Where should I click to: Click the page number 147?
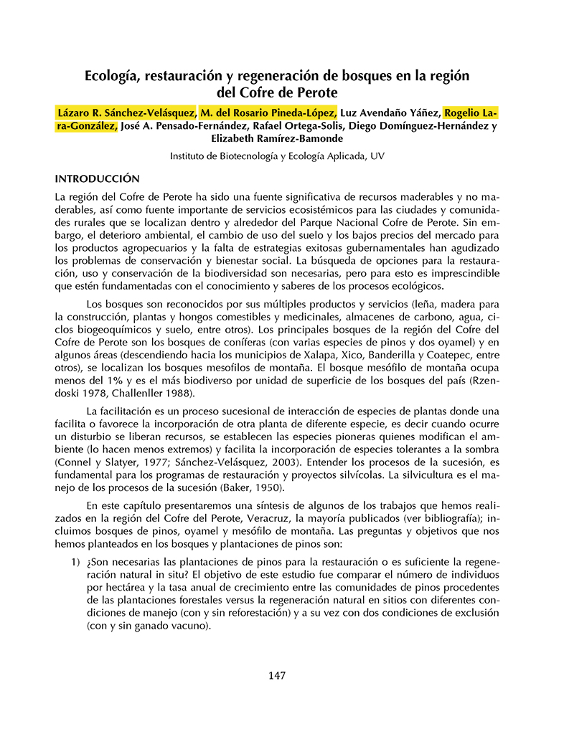[277, 675]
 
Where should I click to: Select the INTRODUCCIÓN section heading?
[97, 178]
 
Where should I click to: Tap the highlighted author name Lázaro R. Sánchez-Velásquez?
[125, 113]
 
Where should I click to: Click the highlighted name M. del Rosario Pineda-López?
[268, 113]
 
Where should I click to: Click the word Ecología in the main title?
[116, 75]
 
